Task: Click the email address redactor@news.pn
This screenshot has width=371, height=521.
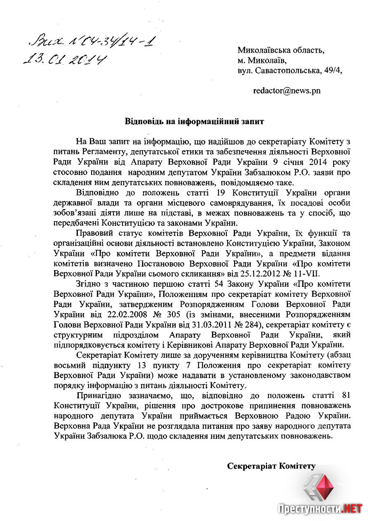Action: [x=286, y=91]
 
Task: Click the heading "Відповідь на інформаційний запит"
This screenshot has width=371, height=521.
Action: [x=194, y=122]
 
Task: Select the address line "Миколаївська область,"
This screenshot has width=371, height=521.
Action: [x=281, y=50]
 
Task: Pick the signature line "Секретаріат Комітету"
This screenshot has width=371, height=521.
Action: [x=271, y=466]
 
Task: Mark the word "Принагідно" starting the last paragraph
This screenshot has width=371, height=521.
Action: [x=98, y=395]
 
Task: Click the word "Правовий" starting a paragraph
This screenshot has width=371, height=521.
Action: [x=94, y=234]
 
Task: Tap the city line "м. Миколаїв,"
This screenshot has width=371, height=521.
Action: [x=261, y=60]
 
